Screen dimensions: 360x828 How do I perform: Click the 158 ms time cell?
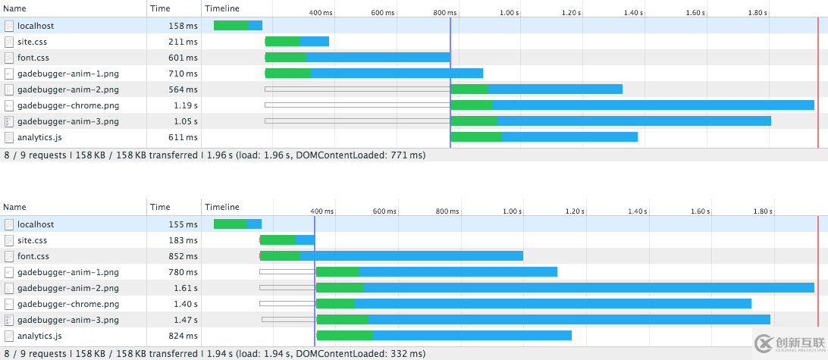(x=183, y=26)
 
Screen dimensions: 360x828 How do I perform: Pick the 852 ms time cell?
(x=183, y=256)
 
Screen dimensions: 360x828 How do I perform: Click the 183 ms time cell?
(x=183, y=240)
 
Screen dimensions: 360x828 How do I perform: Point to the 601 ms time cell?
(x=183, y=58)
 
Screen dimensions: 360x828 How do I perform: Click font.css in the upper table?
(x=33, y=58)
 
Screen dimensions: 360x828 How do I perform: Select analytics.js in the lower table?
(x=39, y=336)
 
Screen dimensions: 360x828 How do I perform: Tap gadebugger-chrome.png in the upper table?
(x=68, y=105)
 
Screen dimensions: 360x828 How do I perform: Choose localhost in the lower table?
(x=36, y=224)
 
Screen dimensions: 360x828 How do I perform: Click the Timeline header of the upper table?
(x=222, y=8)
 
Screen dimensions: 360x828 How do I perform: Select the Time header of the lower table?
(x=160, y=207)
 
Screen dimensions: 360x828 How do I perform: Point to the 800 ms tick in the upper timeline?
(x=445, y=13)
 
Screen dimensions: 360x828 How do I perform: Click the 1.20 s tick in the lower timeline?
(x=574, y=211)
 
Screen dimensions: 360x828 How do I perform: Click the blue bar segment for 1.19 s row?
(x=652, y=105)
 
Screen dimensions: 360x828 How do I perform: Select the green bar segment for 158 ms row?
(x=231, y=26)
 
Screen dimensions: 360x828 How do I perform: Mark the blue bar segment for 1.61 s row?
(x=588, y=288)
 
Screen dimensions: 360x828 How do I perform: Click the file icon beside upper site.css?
(x=9, y=42)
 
